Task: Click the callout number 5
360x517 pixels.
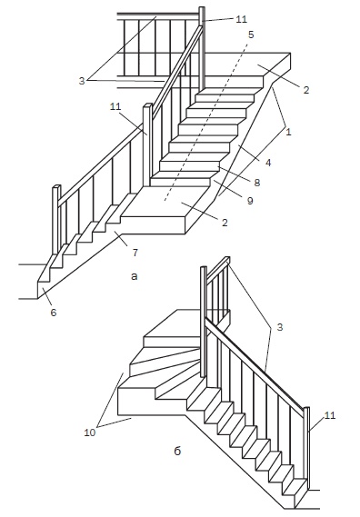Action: coord(251,35)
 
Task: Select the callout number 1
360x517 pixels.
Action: coord(288,133)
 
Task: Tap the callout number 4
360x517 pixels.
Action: coord(268,163)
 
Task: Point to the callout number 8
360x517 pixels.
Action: coord(257,183)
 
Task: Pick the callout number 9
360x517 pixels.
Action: coord(250,200)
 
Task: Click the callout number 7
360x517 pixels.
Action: coord(135,253)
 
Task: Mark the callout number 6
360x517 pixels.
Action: coord(54,312)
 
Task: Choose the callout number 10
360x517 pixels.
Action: coord(89,432)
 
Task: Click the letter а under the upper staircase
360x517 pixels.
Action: coord(134,276)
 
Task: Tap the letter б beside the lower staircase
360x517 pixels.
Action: coord(177,451)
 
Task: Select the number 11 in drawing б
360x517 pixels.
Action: coord(330,415)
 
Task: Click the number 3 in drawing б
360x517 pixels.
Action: coord(280,327)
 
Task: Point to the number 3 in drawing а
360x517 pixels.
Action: coord(82,81)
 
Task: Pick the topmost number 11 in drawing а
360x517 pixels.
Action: coord(241,19)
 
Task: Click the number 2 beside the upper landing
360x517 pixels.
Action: coord(306,90)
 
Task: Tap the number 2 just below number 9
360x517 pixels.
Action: coord(225,223)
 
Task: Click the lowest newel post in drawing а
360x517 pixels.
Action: coord(56,220)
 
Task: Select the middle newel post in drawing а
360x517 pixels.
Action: coord(147,145)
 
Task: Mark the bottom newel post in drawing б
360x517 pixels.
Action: coord(306,449)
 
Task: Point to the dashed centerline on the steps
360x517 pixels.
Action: coord(205,120)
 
